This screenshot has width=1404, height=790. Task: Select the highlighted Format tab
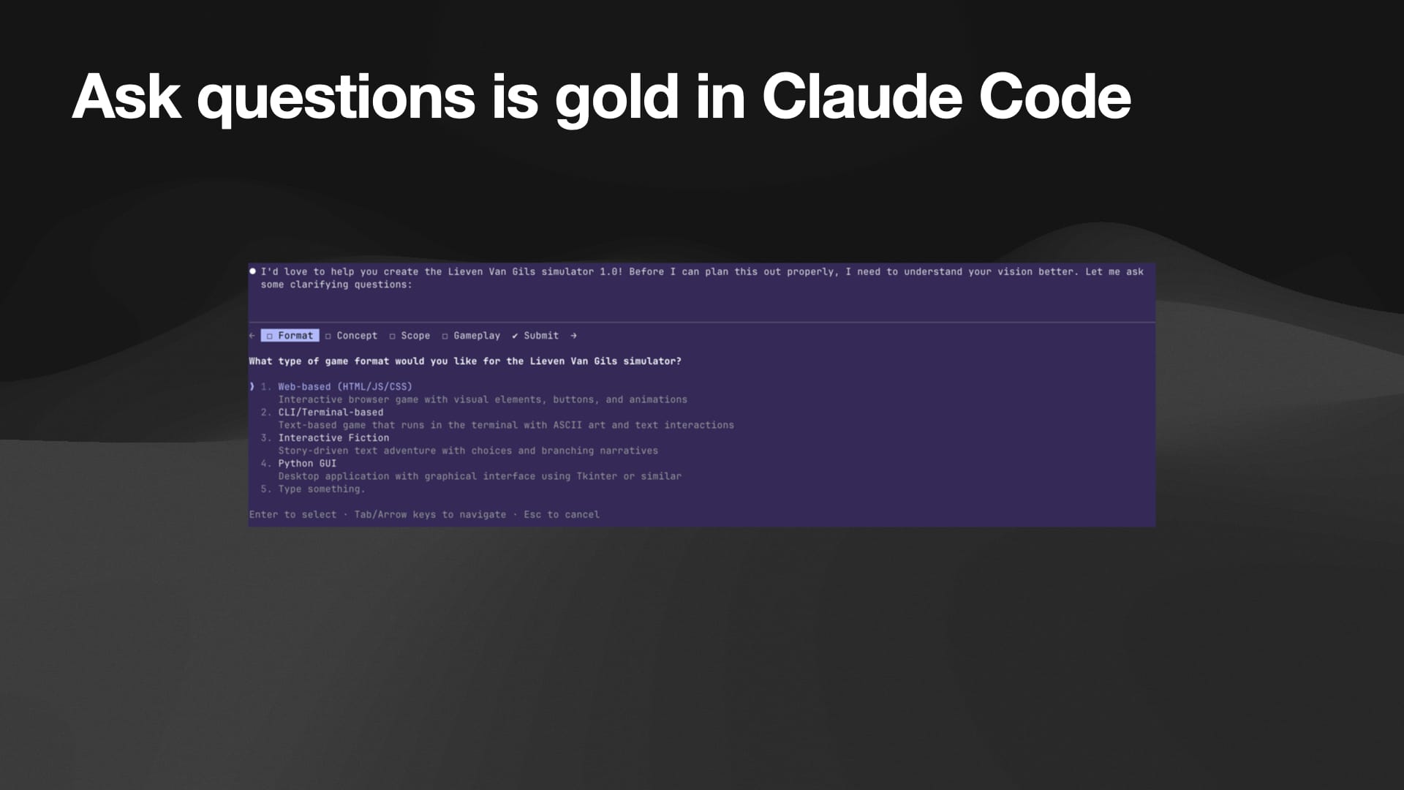point(290,336)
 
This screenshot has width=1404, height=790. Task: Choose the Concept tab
point(352,336)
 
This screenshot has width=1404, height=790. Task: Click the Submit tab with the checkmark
point(535,336)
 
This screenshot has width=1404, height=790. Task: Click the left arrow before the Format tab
point(252,336)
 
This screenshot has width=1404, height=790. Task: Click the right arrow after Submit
point(573,336)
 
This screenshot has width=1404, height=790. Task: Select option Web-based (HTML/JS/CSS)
point(345,387)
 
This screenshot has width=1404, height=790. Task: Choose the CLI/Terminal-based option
point(331,413)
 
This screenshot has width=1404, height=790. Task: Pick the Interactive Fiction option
point(333,438)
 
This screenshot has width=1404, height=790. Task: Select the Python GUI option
point(307,464)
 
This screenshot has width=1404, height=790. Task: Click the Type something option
point(321,489)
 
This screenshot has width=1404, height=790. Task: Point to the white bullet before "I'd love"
point(253,271)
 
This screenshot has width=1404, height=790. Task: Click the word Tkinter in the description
point(597,476)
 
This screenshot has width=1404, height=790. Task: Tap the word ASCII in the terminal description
point(567,425)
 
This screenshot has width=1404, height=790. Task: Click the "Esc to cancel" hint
point(562,515)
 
